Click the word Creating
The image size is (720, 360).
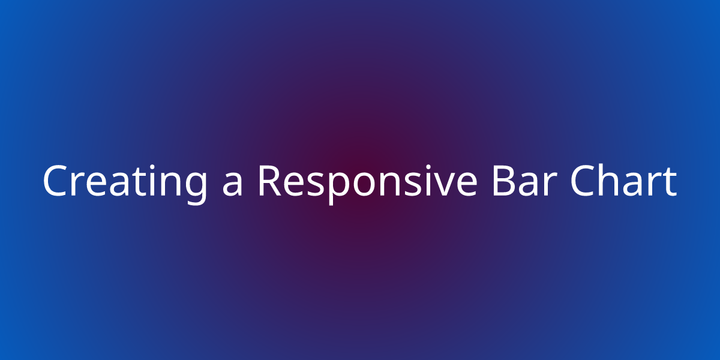125,184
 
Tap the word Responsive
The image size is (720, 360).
368,184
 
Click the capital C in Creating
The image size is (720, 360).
55,181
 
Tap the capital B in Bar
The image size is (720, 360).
503,181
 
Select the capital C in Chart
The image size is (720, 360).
583,181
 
